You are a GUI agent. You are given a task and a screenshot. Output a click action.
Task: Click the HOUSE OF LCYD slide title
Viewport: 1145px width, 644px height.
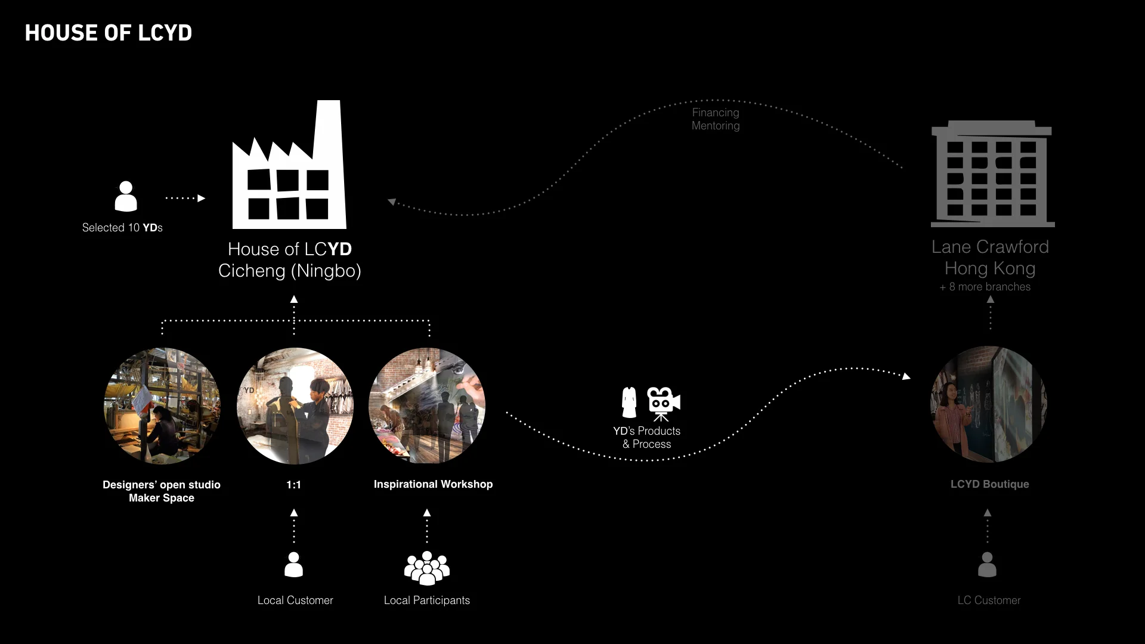point(109,33)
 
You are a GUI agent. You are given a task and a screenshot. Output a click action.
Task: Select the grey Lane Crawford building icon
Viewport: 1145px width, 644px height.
point(992,175)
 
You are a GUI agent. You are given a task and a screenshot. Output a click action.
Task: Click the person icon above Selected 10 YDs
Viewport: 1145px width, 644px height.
point(125,196)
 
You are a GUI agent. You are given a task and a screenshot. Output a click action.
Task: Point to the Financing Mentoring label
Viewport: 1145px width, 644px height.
point(716,119)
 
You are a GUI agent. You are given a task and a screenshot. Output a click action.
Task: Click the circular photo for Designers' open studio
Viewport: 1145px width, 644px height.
point(162,405)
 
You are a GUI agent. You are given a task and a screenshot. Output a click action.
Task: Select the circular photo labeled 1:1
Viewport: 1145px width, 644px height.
point(295,405)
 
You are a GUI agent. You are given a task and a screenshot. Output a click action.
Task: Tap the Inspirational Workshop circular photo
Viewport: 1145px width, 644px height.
point(427,405)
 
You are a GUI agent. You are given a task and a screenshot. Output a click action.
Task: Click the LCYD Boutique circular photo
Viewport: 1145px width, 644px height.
point(988,404)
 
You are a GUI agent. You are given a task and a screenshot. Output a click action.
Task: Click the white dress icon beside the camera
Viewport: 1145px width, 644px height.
point(629,402)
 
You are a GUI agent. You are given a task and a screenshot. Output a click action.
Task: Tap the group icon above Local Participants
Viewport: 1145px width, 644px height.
point(427,568)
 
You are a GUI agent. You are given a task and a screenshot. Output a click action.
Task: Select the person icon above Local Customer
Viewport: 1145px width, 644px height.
point(293,564)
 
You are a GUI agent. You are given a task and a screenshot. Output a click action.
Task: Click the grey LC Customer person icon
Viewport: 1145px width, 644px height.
point(987,564)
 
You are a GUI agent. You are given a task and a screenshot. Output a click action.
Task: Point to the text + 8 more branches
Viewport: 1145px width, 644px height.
point(985,287)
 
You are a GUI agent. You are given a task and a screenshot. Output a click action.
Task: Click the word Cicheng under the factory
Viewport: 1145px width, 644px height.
point(252,271)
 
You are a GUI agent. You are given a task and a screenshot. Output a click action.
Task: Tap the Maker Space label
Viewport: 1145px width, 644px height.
point(162,498)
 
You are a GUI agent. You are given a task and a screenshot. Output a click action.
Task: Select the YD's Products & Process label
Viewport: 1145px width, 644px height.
point(647,438)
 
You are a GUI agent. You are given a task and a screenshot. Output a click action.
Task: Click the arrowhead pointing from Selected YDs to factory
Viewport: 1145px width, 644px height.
point(201,198)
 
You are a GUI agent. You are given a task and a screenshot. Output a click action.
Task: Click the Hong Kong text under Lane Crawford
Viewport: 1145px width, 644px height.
point(990,268)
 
